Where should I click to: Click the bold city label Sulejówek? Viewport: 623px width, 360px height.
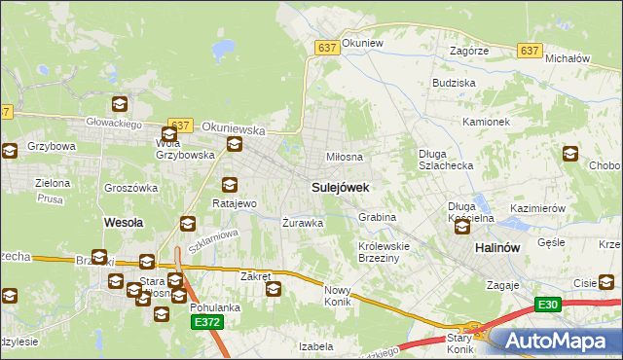point(339,186)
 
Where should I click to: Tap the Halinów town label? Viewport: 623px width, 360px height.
point(500,248)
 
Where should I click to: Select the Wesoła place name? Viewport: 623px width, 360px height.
point(124,222)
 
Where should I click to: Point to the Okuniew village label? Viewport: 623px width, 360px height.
point(364,44)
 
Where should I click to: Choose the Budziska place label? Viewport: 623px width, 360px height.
point(454,84)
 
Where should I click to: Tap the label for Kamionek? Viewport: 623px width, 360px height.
point(487,122)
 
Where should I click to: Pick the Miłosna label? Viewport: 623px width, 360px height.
point(345,157)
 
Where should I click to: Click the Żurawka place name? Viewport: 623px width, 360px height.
point(302,223)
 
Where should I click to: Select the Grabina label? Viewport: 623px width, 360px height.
point(377,217)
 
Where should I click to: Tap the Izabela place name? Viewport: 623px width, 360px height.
point(316,345)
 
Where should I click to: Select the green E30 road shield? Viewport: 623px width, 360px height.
point(548,305)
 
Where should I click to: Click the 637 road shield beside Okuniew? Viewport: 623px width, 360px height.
point(327,47)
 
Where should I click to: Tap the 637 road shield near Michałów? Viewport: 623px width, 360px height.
point(530,52)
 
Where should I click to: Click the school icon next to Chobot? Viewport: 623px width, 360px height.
point(571,154)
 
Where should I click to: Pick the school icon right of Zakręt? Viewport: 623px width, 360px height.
point(275,288)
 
